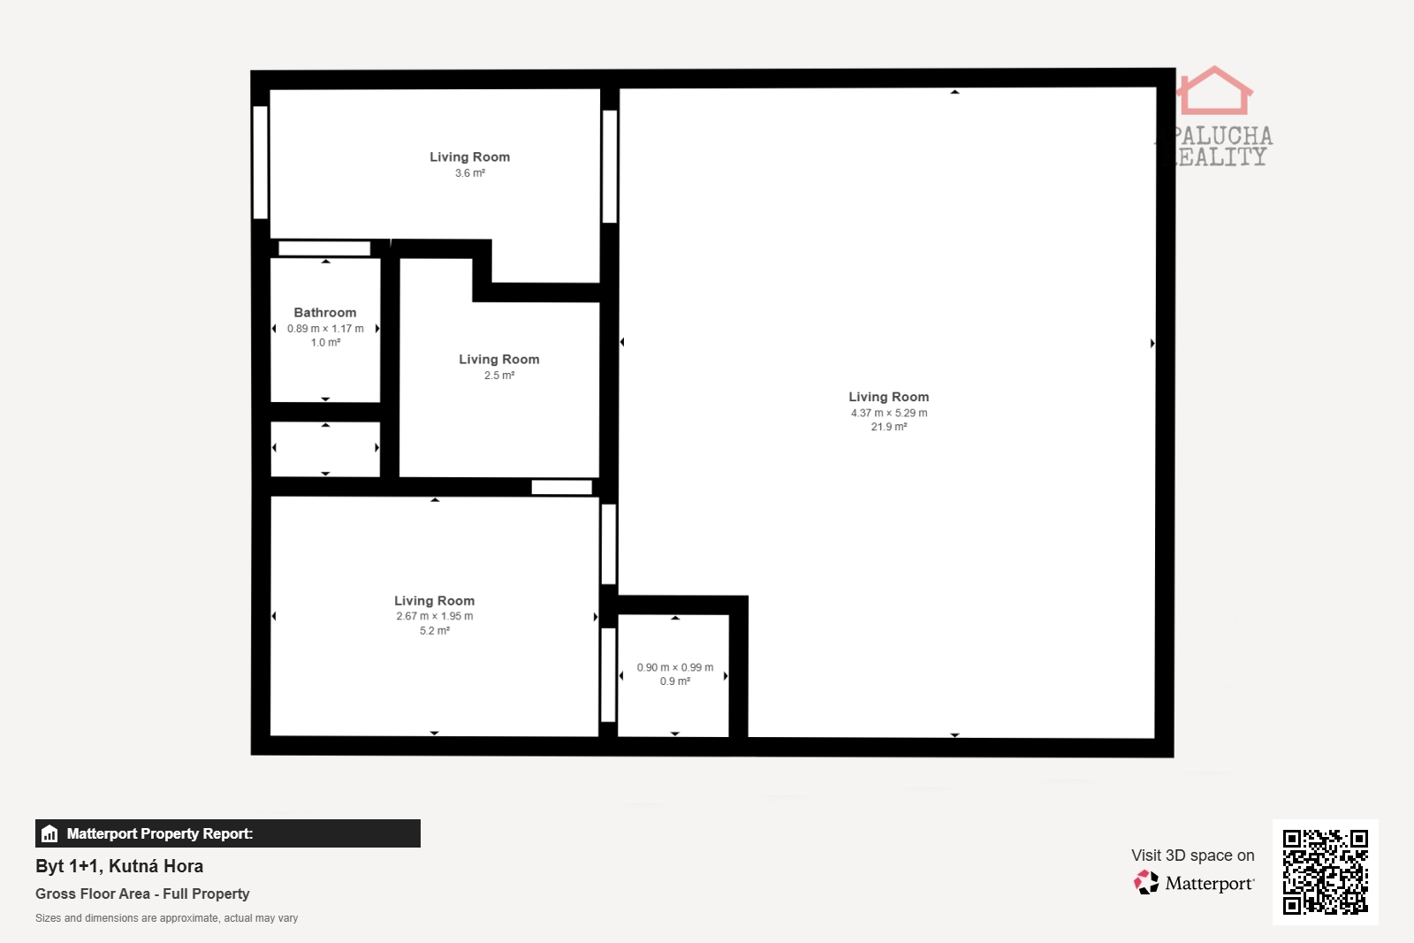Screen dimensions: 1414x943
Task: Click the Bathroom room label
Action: [325, 313]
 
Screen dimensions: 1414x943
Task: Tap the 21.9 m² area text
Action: [889, 427]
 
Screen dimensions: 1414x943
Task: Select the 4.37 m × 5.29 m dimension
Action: [889, 413]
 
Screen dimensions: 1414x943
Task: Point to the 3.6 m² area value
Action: [469, 173]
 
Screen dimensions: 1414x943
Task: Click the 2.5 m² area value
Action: [499, 376]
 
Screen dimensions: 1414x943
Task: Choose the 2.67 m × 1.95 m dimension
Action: [434, 616]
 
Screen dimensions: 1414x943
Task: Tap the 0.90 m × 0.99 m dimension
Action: [675, 667]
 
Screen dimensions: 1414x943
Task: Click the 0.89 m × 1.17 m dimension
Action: [325, 328]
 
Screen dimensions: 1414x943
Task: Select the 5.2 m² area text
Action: [434, 630]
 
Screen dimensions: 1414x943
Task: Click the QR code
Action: [1325, 872]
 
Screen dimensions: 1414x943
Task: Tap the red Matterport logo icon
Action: [1146, 882]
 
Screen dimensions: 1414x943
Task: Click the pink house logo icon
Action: [1214, 91]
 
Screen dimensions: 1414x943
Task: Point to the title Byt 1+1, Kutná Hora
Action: [119, 866]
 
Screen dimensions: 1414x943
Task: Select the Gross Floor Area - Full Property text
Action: [142, 894]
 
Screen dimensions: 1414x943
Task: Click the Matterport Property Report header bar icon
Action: [49, 833]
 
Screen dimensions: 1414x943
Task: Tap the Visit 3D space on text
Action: [1192, 856]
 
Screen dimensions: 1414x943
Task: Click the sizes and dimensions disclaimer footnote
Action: [167, 917]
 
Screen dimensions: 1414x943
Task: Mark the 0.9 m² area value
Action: [675, 681]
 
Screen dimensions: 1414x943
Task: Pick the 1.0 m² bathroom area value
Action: [325, 343]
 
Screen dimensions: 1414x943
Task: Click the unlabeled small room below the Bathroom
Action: [325, 449]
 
